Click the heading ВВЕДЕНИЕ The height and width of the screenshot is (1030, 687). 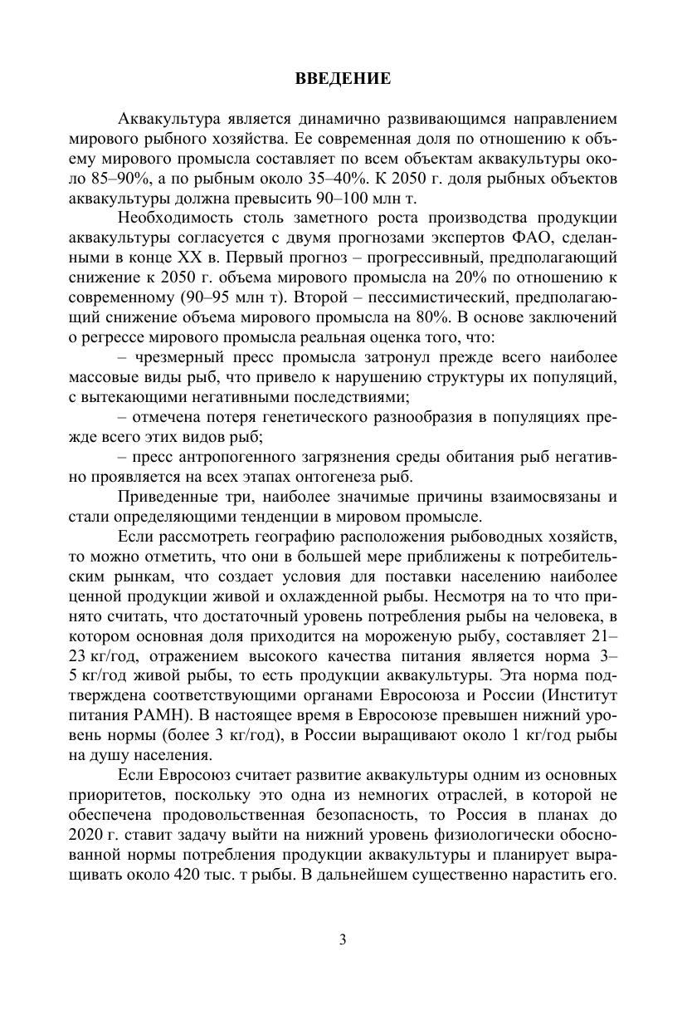click(343, 80)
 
